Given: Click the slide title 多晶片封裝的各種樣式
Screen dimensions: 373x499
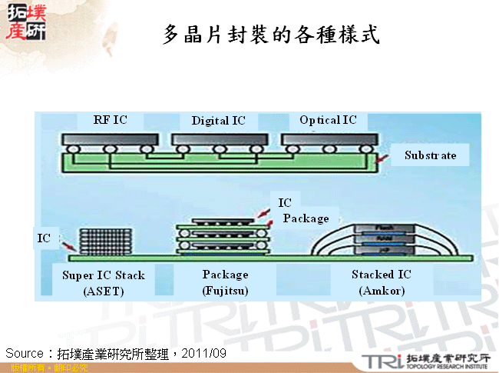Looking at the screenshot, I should (x=271, y=35).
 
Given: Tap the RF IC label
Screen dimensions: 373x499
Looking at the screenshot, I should (x=110, y=120).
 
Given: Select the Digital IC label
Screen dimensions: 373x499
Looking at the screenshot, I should (x=219, y=121).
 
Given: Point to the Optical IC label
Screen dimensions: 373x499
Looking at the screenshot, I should (x=328, y=120).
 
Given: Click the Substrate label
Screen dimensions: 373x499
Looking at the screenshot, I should (x=430, y=155).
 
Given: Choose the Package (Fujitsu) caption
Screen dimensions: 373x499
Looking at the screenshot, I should (x=225, y=282).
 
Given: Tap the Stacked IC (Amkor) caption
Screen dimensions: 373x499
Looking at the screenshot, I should (x=382, y=282).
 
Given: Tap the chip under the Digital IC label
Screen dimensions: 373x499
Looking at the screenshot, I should (x=220, y=140).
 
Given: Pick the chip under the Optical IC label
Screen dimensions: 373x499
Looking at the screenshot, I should (x=329, y=140).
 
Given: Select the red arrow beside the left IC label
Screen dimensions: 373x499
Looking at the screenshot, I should (x=68, y=245).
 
